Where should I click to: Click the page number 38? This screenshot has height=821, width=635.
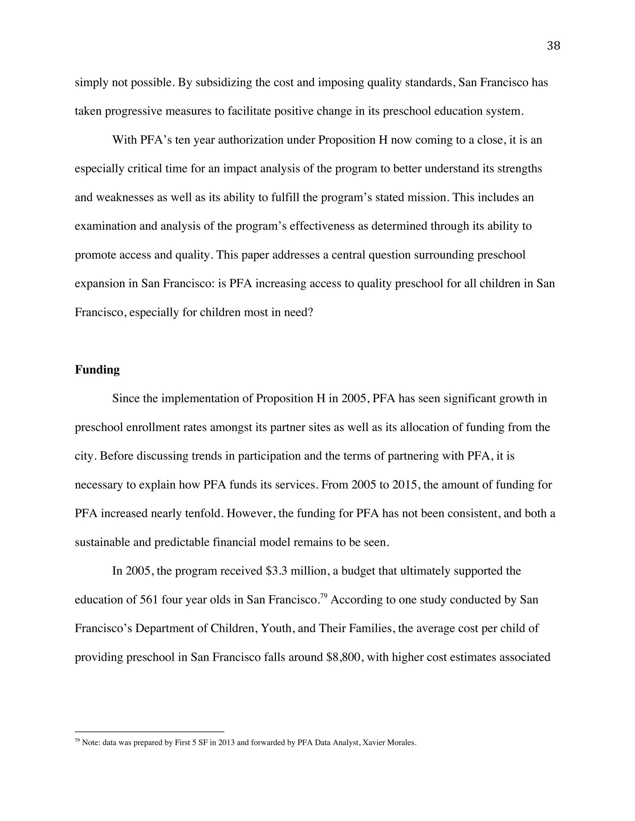coord(553,46)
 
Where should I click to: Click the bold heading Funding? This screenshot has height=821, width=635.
coord(97,370)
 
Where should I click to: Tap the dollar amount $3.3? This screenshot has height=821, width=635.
coord(276,571)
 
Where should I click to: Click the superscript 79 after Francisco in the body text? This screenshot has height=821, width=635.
coord(323,595)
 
